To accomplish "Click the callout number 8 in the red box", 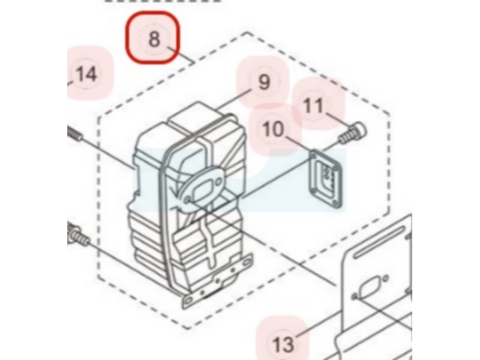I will click(x=154, y=40).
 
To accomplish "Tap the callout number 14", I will click(x=86, y=75).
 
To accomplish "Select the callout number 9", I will click(x=264, y=83).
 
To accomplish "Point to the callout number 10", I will click(x=273, y=128).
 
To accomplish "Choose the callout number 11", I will click(x=313, y=106).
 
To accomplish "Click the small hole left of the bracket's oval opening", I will click(x=356, y=295).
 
